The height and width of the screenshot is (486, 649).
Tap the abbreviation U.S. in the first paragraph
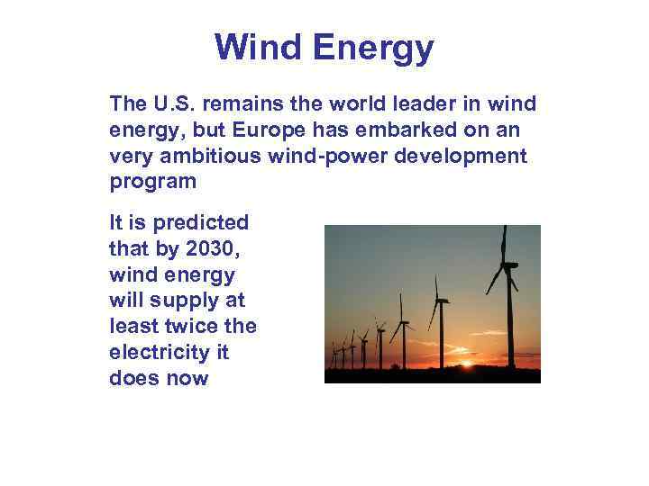pyautogui.click(x=167, y=103)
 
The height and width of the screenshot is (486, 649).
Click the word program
pyautogui.click(x=152, y=183)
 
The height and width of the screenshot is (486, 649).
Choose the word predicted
pyautogui.click(x=203, y=222)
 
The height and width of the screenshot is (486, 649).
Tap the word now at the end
pyautogui.click(x=188, y=378)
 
